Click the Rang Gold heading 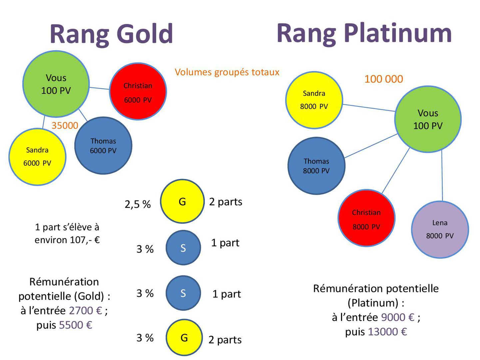coord(111,34)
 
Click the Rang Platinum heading coord(364,33)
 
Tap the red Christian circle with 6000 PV coord(138,91)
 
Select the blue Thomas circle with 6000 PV coord(103,146)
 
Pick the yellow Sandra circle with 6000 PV coord(37,157)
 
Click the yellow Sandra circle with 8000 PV coord(314,100)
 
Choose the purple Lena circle coord(440,229)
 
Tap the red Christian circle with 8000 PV coord(366,218)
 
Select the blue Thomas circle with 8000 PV coord(316,166)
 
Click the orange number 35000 coord(65,126)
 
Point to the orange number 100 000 coord(383,79)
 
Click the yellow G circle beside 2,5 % coord(182,201)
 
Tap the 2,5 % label coord(138,204)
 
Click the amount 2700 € coord(85,311)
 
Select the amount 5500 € coord(75,325)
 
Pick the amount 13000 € coord(387,332)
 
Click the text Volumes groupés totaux coord(227,72)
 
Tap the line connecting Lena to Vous coord(442,177)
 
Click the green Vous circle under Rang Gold coord(56,84)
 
